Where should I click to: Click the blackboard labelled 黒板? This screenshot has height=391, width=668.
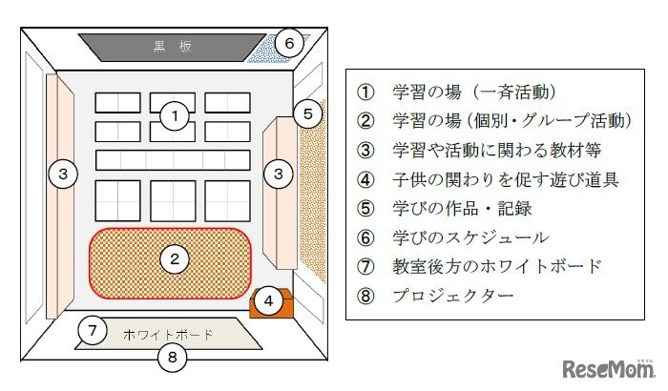click(x=173, y=47)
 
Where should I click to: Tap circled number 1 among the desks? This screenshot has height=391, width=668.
click(x=173, y=116)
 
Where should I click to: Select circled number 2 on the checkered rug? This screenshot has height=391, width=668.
click(x=173, y=257)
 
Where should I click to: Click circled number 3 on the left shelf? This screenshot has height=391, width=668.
click(x=63, y=174)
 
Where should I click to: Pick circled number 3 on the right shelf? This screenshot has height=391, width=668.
click(x=278, y=174)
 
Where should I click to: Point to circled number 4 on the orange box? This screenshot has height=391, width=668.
click(x=269, y=301)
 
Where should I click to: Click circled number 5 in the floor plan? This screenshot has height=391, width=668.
click(x=305, y=114)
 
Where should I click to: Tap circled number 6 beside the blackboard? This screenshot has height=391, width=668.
click(x=291, y=43)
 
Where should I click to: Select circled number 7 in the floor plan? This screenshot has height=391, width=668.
click(x=91, y=331)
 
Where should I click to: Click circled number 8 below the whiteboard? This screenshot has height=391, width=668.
click(x=173, y=358)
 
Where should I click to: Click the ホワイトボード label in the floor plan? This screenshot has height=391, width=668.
click(x=168, y=335)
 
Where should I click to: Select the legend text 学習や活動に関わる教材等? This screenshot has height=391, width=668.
click(x=494, y=150)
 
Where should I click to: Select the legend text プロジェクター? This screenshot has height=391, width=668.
click(x=453, y=296)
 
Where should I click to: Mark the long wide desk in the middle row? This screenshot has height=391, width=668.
click(x=173, y=159)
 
